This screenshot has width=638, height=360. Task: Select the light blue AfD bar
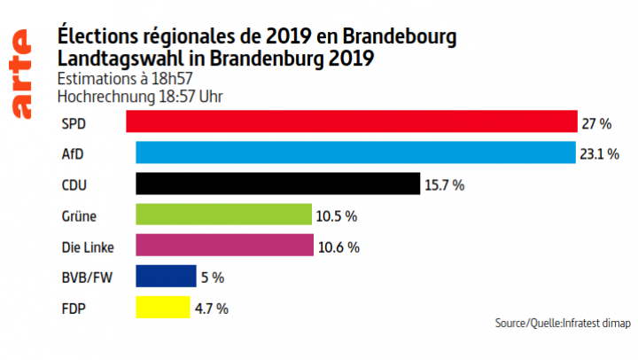(355, 153)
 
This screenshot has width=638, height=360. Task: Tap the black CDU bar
(276, 184)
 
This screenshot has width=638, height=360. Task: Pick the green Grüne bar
(223, 215)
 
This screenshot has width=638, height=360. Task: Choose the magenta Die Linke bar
(223, 246)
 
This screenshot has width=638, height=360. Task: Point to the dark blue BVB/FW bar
(166, 277)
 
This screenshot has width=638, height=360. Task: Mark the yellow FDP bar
(162, 308)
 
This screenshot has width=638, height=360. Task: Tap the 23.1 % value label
(601, 153)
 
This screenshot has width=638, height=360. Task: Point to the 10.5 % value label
(338, 215)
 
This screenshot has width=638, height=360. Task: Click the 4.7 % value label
(213, 309)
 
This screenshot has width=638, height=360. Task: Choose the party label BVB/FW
(85, 277)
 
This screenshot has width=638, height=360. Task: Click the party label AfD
(73, 153)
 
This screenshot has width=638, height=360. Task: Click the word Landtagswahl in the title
(113, 58)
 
